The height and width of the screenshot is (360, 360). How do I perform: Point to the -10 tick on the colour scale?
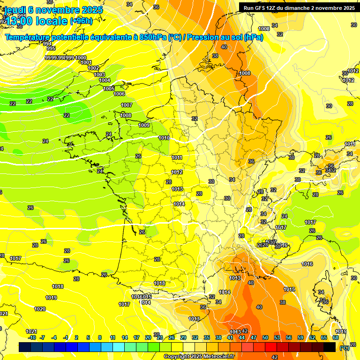pos(32,337)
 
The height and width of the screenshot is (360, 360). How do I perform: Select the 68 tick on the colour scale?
pos(336,337)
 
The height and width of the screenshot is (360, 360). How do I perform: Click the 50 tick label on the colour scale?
pos(265,337)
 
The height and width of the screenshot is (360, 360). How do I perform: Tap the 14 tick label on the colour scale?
pos(125,337)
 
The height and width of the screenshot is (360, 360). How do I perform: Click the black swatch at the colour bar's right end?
pos(330,347)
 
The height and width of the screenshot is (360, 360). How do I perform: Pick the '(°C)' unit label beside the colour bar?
pos(345,347)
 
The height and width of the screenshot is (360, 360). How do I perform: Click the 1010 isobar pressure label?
pos(164,138)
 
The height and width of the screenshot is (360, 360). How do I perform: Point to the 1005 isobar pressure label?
pos(109,89)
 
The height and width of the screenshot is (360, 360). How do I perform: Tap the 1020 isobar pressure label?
pos(40,309)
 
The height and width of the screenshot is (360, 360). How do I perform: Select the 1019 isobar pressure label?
pos(51,298)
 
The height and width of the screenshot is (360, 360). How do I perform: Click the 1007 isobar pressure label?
pos(127,105)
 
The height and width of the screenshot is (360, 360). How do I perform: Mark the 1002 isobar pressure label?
pos(93,68)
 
